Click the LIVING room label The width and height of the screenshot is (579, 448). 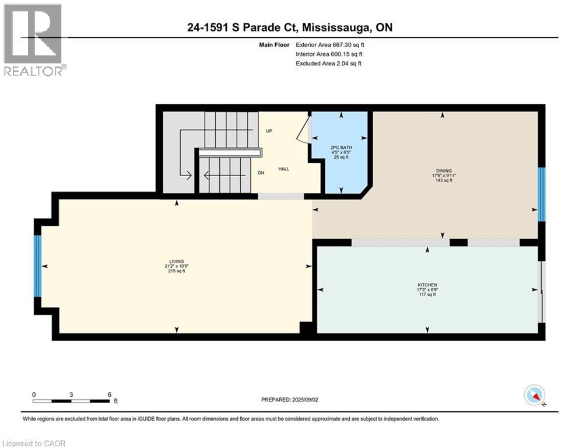pyautogui.click(x=177, y=261)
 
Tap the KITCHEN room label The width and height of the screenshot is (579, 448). pyautogui.click(x=427, y=285)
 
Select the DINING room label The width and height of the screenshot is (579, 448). pyautogui.click(x=444, y=171)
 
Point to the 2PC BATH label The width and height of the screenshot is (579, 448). pyautogui.click(x=341, y=148)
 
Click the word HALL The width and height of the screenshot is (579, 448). pyautogui.click(x=283, y=169)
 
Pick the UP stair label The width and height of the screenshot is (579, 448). pyautogui.click(x=269, y=131)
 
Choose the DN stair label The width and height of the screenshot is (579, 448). pyautogui.click(x=261, y=173)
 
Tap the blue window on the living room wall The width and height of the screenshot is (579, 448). pyautogui.click(x=37, y=266)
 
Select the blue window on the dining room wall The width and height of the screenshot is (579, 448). pyautogui.click(x=541, y=194)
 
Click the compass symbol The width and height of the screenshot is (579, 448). pyautogui.click(x=534, y=395)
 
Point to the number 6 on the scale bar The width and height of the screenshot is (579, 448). pyautogui.click(x=109, y=394)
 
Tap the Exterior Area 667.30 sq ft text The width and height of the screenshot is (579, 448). pyautogui.click(x=330, y=45)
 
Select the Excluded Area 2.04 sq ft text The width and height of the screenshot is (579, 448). pyautogui.click(x=328, y=64)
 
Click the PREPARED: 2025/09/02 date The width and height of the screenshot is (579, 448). pyautogui.click(x=289, y=400)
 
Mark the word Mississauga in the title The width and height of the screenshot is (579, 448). pyautogui.click(x=337, y=27)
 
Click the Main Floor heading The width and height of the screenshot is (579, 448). pyautogui.click(x=274, y=45)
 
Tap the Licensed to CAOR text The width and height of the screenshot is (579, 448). pyautogui.click(x=34, y=443)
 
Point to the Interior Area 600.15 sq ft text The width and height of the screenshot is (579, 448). pyautogui.click(x=329, y=54)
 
